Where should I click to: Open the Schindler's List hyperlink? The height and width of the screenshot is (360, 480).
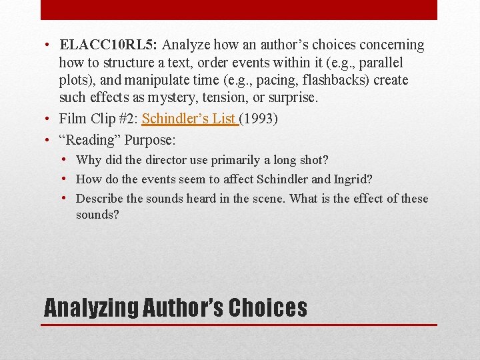click(189, 119)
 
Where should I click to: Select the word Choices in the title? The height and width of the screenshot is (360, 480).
click(267, 307)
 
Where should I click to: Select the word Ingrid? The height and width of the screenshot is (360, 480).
click(351, 179)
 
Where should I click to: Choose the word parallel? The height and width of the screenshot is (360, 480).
click(381, 63)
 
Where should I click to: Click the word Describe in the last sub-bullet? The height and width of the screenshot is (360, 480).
click(100, 198)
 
